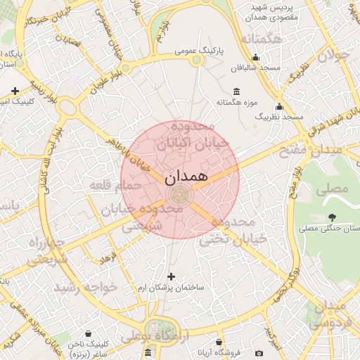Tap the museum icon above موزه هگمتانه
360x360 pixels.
pos(236,92)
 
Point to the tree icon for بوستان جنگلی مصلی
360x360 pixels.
pos(332,217)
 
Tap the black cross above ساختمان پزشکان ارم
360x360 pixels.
pos(171,276)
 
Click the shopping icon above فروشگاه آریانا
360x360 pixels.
pos(219,341)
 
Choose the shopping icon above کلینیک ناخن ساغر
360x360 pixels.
pos(88,333)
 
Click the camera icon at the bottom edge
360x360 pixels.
pos(259,352)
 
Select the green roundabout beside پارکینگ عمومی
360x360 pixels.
pos(198,60)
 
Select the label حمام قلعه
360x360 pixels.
pos(115,185)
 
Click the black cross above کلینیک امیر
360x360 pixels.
pos(15,91)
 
